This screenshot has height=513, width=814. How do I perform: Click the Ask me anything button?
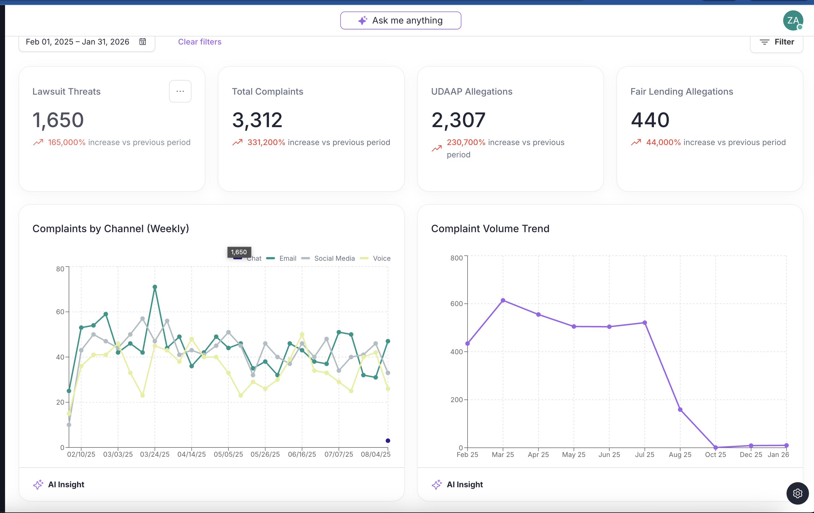401,21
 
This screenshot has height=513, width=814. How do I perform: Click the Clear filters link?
200,42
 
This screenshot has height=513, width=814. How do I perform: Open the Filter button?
777,42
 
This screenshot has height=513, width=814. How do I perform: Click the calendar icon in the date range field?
143,41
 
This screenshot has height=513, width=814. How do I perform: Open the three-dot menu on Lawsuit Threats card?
180,91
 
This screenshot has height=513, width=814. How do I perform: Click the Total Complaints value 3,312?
257,120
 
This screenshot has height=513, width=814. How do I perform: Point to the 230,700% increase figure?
466,142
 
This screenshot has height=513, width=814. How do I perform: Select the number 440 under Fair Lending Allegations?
650,120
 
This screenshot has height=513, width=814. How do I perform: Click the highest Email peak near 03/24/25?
155,287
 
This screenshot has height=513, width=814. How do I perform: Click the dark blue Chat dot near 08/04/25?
388,440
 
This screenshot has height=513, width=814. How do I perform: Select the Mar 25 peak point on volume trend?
503,300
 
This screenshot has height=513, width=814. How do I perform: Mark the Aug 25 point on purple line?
680,410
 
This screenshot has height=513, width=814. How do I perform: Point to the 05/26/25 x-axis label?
265,454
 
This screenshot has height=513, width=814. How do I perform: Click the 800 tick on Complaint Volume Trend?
456,258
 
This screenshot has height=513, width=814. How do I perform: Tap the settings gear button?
797,493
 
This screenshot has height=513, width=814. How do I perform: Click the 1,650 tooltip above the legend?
239,252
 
